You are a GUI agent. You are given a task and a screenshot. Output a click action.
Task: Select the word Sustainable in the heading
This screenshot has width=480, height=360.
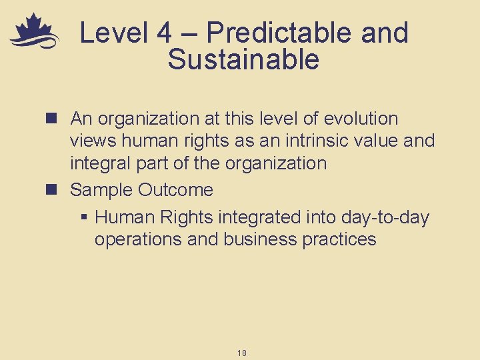[x=244, y=60]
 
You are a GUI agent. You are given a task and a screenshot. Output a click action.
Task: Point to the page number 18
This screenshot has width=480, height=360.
[x=241, y=353]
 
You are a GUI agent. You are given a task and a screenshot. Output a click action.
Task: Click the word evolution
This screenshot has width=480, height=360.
[x=361, y=119]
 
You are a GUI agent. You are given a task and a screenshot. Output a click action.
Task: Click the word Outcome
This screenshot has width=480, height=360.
[x=175, y=190]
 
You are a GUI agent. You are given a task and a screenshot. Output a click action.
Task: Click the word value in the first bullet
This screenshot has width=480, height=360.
[x=394, y=141]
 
